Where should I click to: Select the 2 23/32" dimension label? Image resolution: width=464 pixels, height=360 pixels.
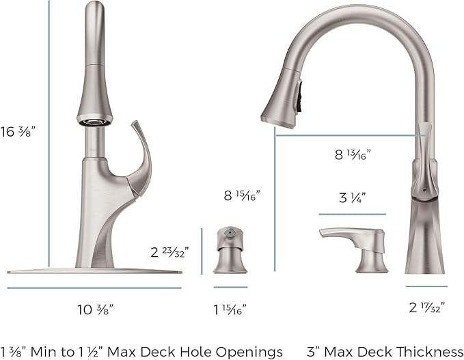[169, 251]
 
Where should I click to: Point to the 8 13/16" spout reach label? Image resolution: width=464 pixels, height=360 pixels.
[353, 155]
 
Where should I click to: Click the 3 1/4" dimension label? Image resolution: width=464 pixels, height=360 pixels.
[353, 199]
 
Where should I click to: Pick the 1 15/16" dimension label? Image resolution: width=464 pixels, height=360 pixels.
[230, 308]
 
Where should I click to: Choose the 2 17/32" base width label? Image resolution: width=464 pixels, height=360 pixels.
[426, 308]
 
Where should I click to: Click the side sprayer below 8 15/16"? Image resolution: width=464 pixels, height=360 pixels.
[230, 251]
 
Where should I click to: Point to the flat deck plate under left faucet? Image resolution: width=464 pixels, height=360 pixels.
[96, 271]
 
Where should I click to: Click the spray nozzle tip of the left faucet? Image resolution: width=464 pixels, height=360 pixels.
[93, 122]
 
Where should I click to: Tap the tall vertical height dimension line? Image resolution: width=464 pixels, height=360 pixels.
[49, 137]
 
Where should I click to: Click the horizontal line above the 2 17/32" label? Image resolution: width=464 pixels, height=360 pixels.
[426, 286]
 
